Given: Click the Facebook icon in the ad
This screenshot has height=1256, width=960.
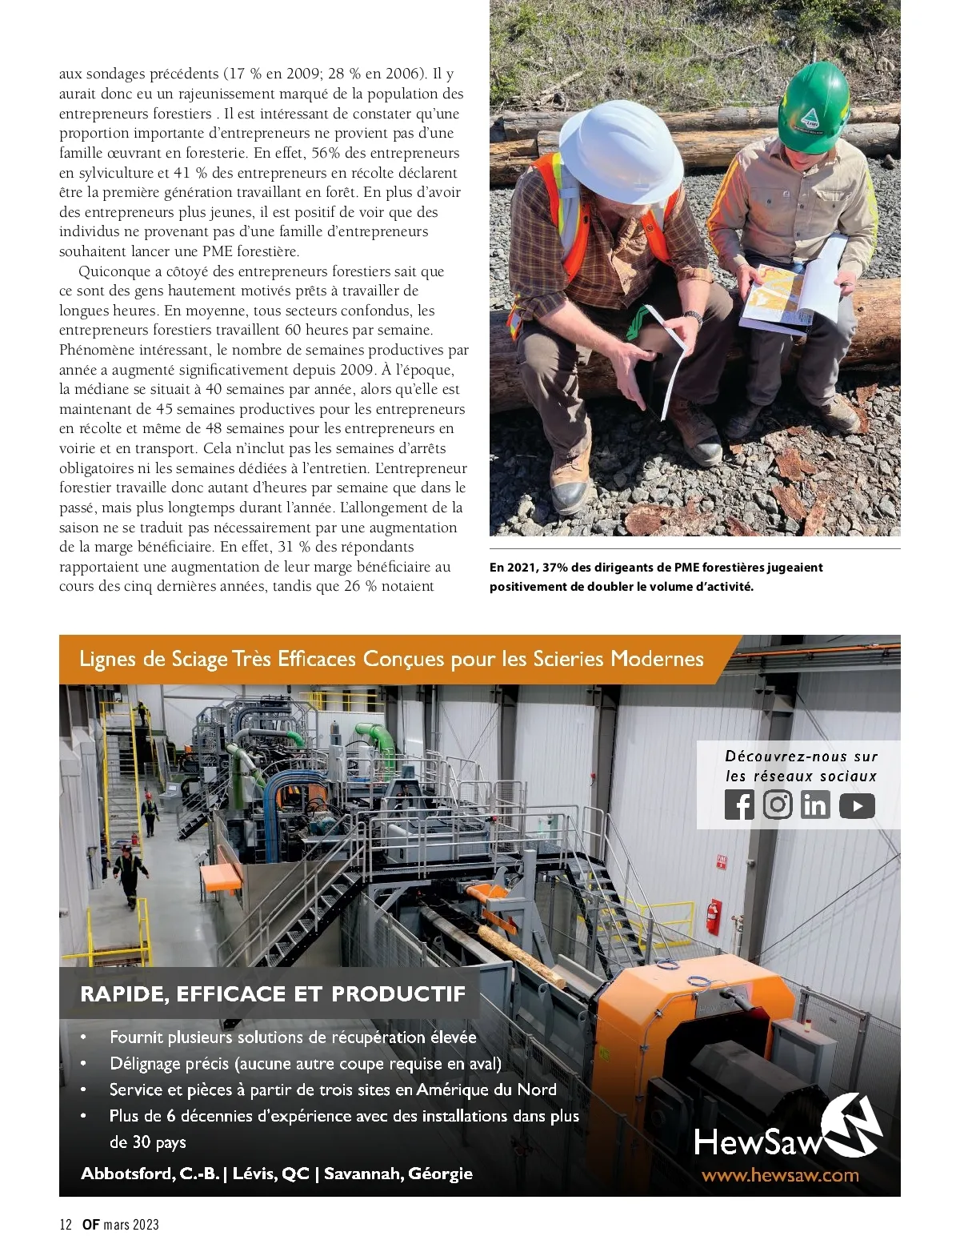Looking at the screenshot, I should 739,805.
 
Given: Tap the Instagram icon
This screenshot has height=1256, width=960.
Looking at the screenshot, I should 777,805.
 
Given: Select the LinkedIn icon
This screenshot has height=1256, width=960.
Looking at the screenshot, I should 815,805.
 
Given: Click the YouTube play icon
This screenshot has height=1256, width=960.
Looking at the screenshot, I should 857,805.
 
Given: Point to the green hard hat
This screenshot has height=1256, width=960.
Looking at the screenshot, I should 812,104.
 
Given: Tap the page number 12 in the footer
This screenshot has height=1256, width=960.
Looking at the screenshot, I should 66,1224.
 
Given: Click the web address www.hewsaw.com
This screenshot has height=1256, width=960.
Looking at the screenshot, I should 780,1175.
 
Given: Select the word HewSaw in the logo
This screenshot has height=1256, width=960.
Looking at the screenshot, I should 757,1142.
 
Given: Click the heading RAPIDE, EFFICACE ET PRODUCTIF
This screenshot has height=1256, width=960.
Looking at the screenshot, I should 273,994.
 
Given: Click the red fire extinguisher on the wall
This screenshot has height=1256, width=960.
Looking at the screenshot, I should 713,915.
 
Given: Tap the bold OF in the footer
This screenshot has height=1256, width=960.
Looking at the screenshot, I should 90,1224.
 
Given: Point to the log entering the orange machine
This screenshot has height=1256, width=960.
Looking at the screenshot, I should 520,952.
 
